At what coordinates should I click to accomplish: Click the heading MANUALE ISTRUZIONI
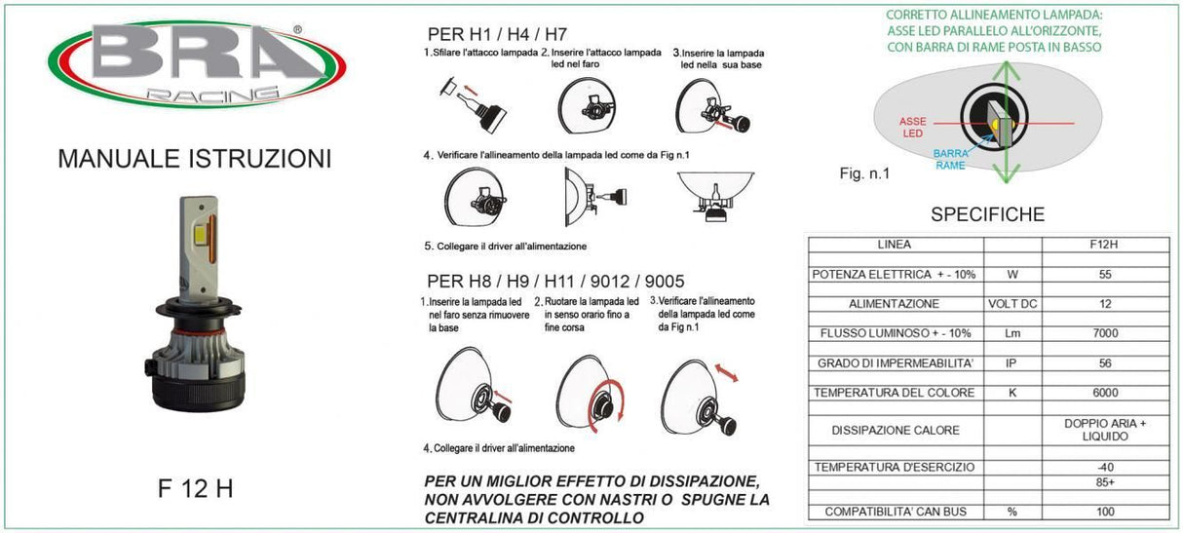pos(195,158)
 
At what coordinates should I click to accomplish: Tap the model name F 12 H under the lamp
pos(195,488)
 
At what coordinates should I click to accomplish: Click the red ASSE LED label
pos(913,128)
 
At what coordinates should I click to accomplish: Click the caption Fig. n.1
pos(864,174)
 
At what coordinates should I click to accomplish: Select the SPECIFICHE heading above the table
pos(987,214)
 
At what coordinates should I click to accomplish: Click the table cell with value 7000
pos(1105,333)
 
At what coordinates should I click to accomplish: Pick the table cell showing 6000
pos(1105,393)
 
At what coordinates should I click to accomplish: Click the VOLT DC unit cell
pos(1012,304)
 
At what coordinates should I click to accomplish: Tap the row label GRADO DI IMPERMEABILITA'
pos(895,363)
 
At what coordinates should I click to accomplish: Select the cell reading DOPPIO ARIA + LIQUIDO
pos(1105,430)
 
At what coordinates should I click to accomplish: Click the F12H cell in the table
pos(1105,245)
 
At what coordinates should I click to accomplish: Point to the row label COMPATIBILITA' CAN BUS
pos(895,512)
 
